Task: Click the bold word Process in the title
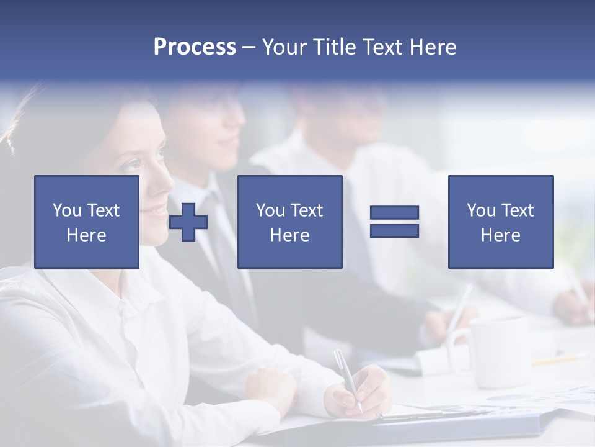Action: pyautogui.click(x=195, y=47)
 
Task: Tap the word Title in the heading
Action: pyautogui.click(x=333, y=47)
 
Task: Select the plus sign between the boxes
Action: pyautogui.click(x=188, y=222)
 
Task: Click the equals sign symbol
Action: pyautogui.click(x=394, y=222)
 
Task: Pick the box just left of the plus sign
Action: pyautogui.click(x=87, y=222)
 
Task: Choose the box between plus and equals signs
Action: pyautogui.click(x=289, y=222)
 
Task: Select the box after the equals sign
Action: pyautogui.click(x=500, y=222)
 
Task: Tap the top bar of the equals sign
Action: pyautogui.click(x=394, y=212)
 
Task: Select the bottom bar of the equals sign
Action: pyautogui.click(x=394, y=231)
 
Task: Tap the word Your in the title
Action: pyautogui.click(x=284, y=47)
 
